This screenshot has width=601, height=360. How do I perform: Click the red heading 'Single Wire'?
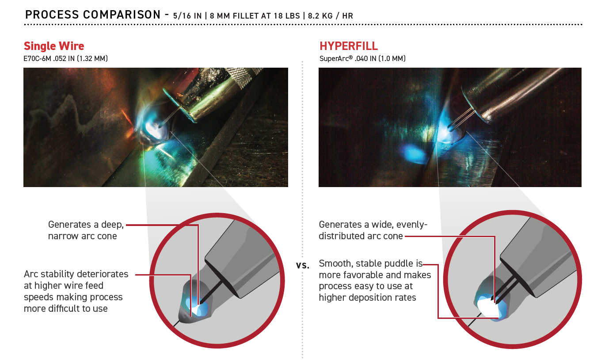coord(54,46)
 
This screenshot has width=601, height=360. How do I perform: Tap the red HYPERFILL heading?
coord(349,46)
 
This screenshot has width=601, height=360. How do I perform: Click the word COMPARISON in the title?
coord(122,15)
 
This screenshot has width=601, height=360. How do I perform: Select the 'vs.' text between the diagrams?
coord(302,265)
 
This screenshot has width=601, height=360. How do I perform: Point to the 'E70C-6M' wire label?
coord(37,58)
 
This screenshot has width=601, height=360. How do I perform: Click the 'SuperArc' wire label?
coord(336,58)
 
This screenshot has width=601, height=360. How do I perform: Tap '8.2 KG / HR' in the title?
coord(330,16)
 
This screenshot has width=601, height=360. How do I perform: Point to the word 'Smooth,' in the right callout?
coord(336,263)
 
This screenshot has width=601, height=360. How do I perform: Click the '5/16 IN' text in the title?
coord(187,16)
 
